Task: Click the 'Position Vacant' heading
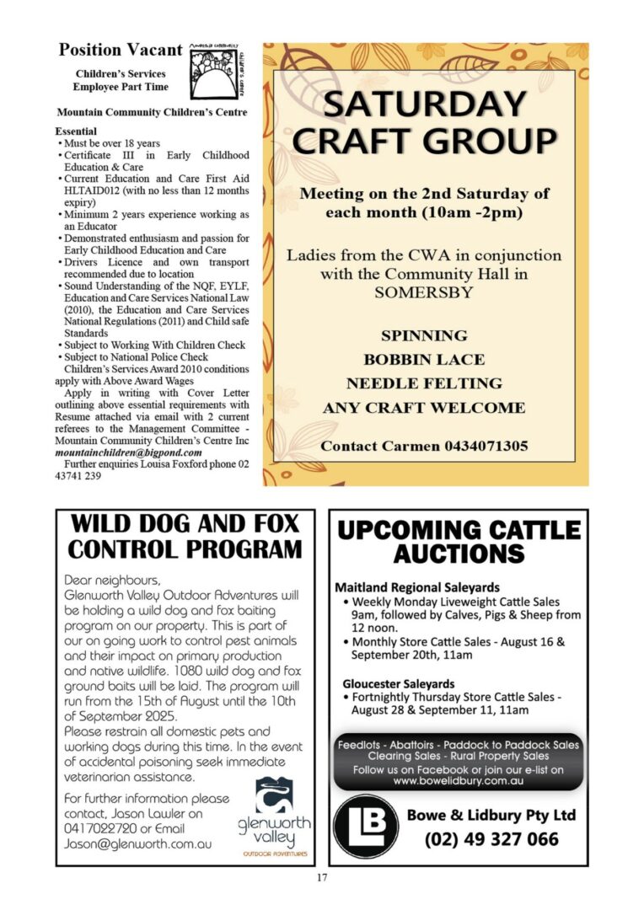click(120, 50)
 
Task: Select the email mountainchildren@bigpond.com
click(128, 452)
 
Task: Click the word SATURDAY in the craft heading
click(425, 105)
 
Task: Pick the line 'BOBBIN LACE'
click(424, 360)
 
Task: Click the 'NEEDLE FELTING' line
click(424, 383)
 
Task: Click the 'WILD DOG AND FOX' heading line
click(185, 524)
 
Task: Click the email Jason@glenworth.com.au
click(138, 843)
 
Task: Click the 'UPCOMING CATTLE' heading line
click(459, 531)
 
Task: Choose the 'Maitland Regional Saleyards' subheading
click(417, 587)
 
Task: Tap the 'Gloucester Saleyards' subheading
click(399, 683)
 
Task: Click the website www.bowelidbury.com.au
click(459, 781)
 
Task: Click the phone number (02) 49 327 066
click(491, 839)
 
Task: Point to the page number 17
click(322, 879)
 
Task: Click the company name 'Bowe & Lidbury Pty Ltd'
click(491, 815)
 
